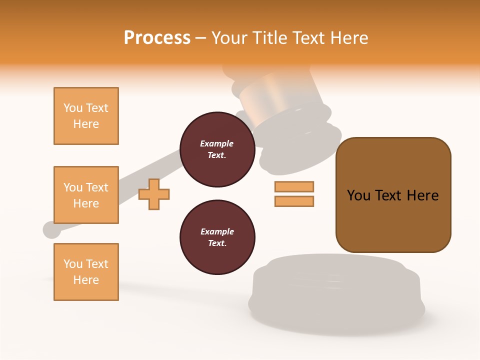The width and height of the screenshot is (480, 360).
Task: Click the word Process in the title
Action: [157, 38]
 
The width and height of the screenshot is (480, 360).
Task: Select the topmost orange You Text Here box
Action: [86, 116]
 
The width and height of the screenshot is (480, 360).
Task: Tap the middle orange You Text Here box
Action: [86, 195]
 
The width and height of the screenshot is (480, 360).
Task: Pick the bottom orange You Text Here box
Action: [86, 272]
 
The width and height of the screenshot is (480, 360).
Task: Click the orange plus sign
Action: [154, 194]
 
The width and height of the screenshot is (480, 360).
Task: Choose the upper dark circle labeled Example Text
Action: [217, 149]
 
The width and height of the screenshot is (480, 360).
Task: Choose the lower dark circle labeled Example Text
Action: [217, 237]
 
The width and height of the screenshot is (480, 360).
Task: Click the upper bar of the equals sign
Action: [294, 186]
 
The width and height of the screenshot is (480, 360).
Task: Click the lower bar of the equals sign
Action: [294, 201]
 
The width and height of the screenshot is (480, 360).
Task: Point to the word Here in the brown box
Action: [422, 195]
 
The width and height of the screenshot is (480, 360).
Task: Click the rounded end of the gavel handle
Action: [51, 229]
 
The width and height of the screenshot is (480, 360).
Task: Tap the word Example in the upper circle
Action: [217, 143]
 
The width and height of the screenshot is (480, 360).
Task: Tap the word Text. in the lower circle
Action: [217, 243]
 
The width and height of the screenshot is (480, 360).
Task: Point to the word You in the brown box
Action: [358, 195]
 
